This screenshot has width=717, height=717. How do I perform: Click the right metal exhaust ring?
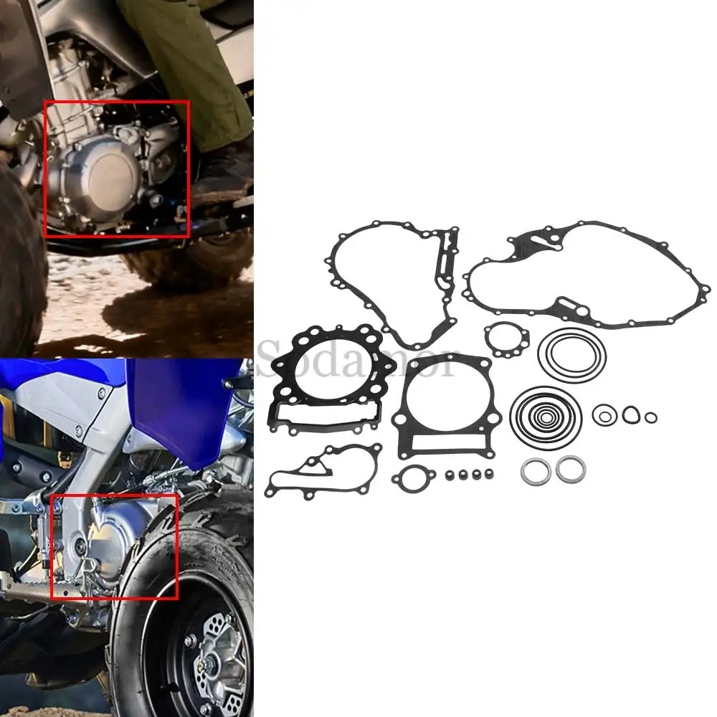pyautogui.click(x=571, y=470)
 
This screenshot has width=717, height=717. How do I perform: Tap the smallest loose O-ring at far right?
pyautogui.click(x=650, y=417)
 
